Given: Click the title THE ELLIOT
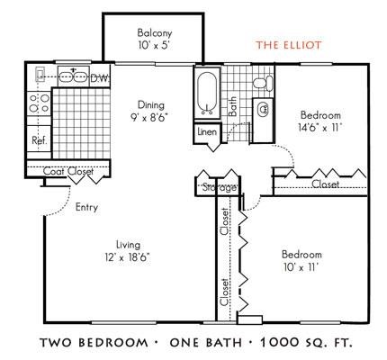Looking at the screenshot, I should click(x=288, y=43).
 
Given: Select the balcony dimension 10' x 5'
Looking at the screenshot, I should click(x=148, y=44).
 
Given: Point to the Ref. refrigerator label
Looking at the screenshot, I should click(x=40, y=140).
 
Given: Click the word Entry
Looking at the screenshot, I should click(x=86, y=206).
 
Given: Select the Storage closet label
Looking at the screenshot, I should click(x=218, y=187).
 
